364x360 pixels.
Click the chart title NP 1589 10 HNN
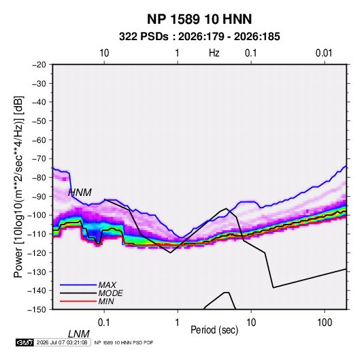[x=199, y=19]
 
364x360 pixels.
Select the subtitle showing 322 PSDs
[x=199, y=37]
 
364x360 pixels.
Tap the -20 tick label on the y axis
[x=39, y=65]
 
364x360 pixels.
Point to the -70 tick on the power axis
[x=39, y=159]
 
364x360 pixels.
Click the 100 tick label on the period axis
[x=325, y=323]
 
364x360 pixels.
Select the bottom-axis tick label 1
[x=177, y=323]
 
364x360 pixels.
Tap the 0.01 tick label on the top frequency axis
[x=324, y=53]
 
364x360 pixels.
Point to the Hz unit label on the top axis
[x=214, y=53]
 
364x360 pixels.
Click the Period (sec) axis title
[x=214, y=330]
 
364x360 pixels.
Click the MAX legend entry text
[x=107, y=284]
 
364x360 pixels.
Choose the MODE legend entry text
[x=110, y=293]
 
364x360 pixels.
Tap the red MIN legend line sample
[x=78, y=301]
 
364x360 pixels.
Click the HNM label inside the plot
[x=80, y=193]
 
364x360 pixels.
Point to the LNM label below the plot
[x=79, y=334]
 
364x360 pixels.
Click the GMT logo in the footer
[x=24, y=342]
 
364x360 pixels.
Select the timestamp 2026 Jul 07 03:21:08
[x=62, y=342]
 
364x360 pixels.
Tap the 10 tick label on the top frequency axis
[x=104, y=53]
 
